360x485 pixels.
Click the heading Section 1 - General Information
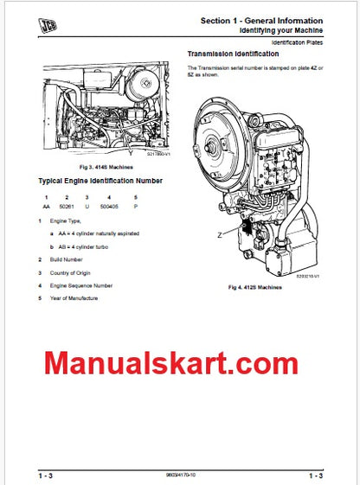[262, 20]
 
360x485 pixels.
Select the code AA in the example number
[45, 207]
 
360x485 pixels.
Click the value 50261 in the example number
[67, 207]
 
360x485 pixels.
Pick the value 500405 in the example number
[110, 207]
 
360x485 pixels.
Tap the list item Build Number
[66, 259]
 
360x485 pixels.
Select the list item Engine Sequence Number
[80, 284]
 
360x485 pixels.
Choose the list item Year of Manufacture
[74, 297]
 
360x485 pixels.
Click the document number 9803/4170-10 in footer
[179, 475]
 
